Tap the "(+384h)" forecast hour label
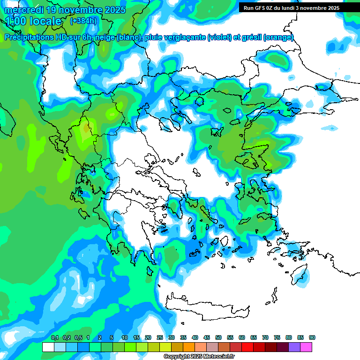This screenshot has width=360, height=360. [x=83, y=21]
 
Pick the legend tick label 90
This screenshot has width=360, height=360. [x=312, y=337]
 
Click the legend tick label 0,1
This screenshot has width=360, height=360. [x=55, y=337]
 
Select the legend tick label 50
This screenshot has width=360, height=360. [x=218, y=337]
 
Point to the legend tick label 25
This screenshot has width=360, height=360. [x=160, y=337]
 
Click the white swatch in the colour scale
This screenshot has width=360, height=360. [x=48, y=347]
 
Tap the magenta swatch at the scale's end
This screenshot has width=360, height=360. [x=306, y=347]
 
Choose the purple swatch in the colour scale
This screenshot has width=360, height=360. [x=294, y=347]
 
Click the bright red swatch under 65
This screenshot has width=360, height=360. [x=247, y=347]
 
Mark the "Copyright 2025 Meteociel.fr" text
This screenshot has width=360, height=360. [x=199, y=357]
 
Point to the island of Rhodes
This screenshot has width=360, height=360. [x=299, y=274]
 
